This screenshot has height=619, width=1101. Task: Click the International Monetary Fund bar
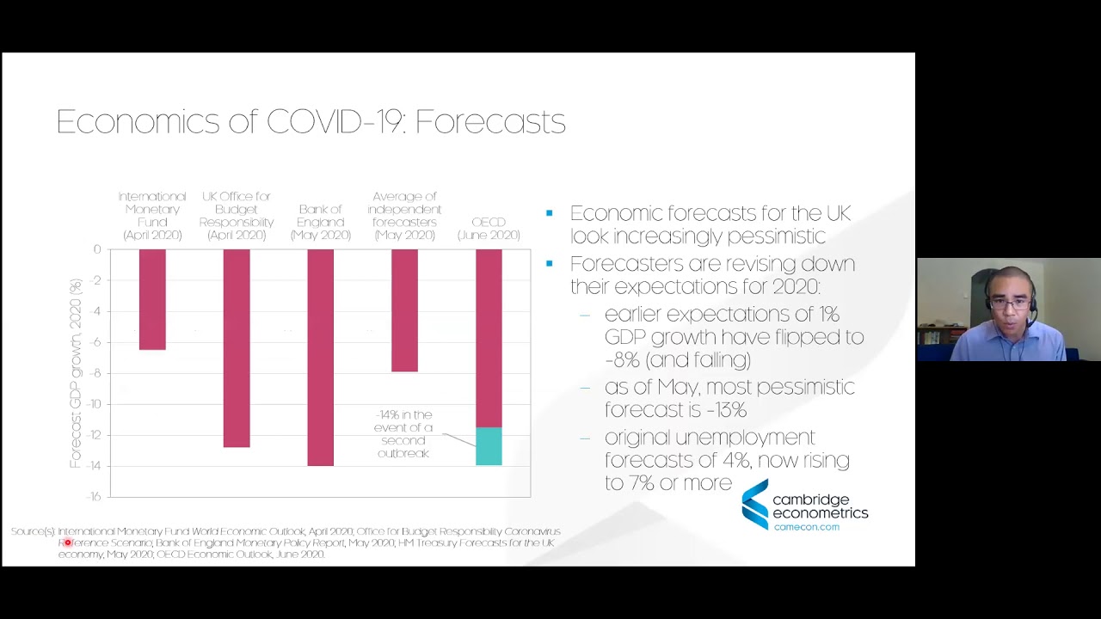(152, 299)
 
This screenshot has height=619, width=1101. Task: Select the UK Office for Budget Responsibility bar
(237, 348)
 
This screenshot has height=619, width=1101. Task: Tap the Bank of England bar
(320, 357)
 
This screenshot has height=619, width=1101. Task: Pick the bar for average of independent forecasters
(404, 310)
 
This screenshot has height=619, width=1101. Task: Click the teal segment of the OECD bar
(489, 446)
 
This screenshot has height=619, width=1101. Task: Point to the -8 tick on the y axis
(95, 373)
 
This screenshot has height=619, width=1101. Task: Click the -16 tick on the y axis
(94, 497)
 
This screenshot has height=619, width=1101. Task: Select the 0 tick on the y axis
(97, 249)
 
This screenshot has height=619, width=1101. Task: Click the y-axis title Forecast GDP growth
(76, 373)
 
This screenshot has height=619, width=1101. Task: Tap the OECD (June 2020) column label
(489, 229)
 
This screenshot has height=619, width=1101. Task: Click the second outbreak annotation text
(403, 434)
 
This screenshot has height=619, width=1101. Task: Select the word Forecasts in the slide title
(490, 122)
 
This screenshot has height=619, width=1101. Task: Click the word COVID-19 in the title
(336, 122)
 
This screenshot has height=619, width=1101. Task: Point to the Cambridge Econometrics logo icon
(754, 505)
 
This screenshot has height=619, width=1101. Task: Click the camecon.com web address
(806, 527)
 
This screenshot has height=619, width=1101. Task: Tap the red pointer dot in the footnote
(67, 542)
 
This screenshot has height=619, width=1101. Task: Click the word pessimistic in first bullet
(769, 236)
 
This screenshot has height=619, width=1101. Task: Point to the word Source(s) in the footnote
(33, 532)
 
